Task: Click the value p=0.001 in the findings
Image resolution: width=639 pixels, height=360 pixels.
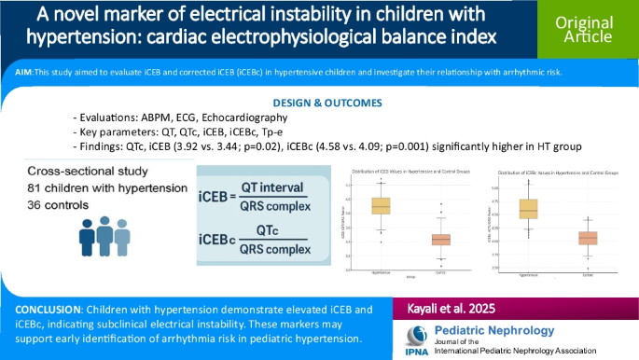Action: coord(462,146)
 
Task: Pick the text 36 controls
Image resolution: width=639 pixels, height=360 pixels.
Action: coord(67,208)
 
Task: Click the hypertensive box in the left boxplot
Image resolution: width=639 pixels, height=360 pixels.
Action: coord(381,206)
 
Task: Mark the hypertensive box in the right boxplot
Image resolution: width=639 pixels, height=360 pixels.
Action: coord(528,209)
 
